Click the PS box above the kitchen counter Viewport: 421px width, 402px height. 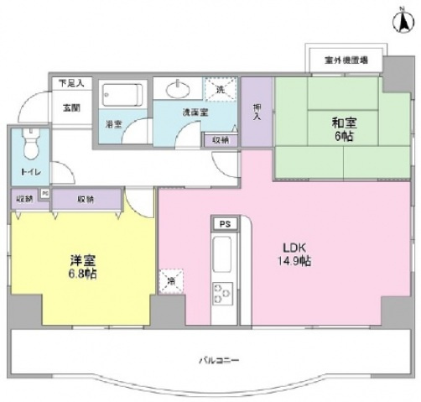[224, 225]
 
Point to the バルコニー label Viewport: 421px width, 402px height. [220, 360]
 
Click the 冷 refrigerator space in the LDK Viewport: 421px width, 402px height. [172, 281]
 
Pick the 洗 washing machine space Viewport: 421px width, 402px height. [219, 89]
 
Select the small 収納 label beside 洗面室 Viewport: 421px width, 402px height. [220, 139]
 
